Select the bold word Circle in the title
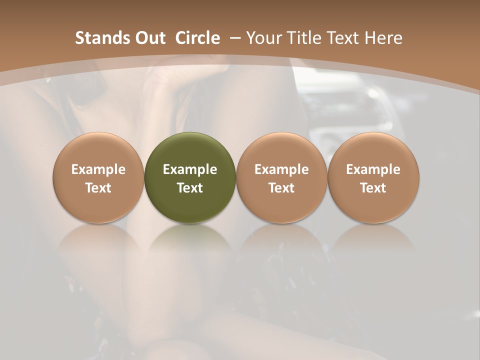[197, 38]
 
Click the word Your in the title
[263, 38]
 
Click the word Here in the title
[382, 38]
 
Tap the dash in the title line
[235, 38]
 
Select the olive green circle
[190, 177]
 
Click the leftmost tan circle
[98, 177]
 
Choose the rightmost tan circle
[373, 177]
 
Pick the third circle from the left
[281, 177]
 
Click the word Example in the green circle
[190, 169]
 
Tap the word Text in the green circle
[190, 188]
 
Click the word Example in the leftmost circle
[98, 169]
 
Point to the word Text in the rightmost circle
[373, 188]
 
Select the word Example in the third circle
[281, 169]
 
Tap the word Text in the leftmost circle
[98, 188]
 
